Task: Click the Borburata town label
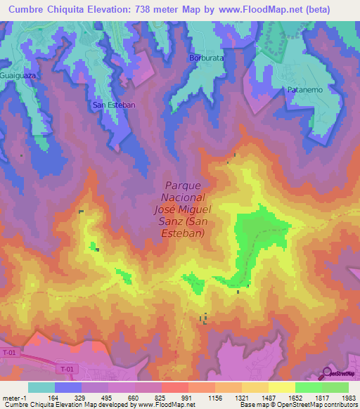[x=205, y=58]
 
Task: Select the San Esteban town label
[x=114, y=105]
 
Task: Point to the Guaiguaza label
[x=18, y=74]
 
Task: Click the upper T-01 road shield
[x=9, y=352]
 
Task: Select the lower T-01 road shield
[x=67, y=369]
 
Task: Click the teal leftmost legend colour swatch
[x=41, y=387]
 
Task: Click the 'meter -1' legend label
[x=14, y=397]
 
